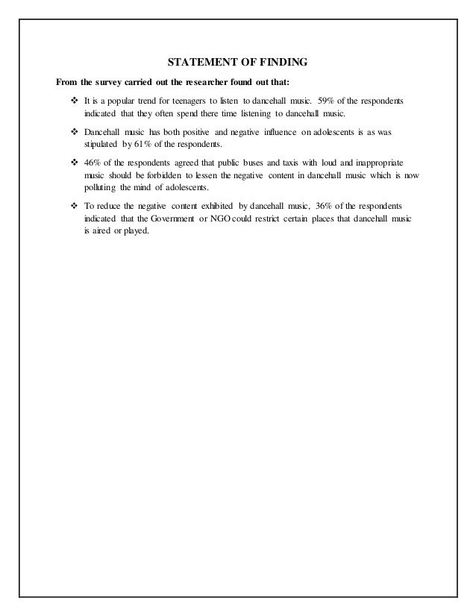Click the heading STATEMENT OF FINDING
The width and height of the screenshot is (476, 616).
[x=237, y=60]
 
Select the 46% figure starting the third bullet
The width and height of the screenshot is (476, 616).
[x=93, y=161]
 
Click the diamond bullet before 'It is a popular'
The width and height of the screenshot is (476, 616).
[x=74, y=100]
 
